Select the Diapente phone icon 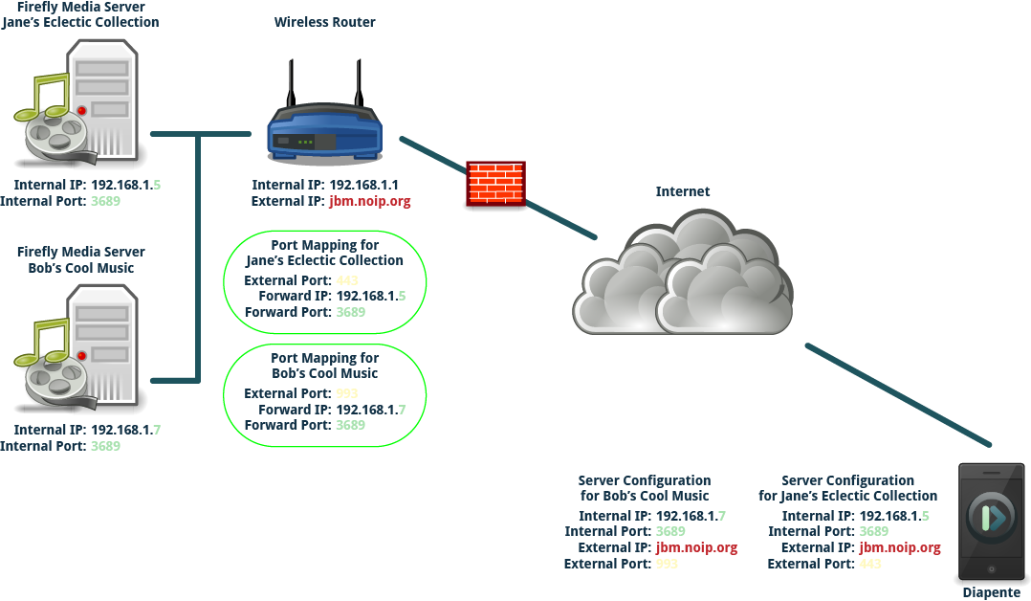point(992,522)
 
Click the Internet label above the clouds point(682,191)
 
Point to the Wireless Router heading point(324,22)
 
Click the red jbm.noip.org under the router point(369,202)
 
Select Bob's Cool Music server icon point(81,349)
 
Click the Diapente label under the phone point(991,592)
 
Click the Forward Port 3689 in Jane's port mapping point(350,312)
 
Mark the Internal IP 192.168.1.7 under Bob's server point(124,430)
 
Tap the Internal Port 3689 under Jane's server point(105,201)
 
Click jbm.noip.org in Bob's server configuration point(696,547)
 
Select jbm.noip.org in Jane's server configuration point(900,547)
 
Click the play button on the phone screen point(992,520)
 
